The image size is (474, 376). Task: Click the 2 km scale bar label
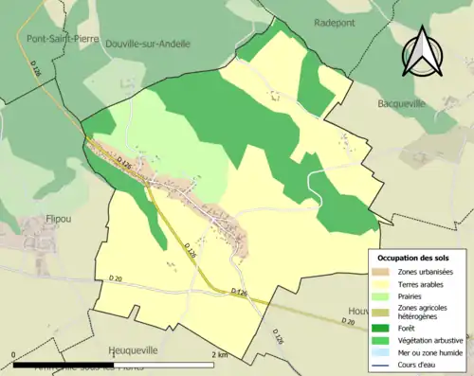(x=219, y=354)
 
